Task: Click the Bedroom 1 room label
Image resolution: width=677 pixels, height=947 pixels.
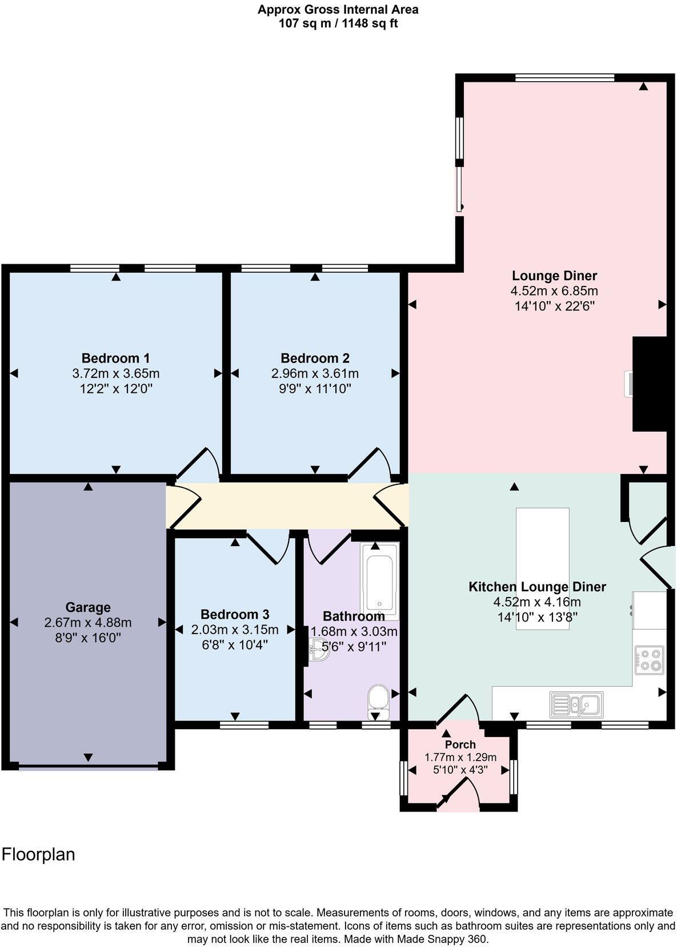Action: tap(115, 359)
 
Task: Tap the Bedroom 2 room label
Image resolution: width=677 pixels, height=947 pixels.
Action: tap(315, 359)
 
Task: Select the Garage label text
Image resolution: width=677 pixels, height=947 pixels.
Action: tap(87, 607)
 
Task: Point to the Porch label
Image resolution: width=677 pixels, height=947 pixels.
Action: tap(460, 745)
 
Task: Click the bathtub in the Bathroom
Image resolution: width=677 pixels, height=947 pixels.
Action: tap(379, 580)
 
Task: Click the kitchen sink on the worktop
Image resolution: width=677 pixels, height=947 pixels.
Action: tap(576, 704)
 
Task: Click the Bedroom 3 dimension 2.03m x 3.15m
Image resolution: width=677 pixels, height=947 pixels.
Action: tap(235, 630)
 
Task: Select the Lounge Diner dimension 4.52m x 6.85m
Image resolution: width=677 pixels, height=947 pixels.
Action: tap(554, 291)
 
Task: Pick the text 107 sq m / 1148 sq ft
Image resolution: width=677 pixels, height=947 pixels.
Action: tap(338, 23)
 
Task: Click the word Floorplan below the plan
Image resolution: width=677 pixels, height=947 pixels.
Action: tap(38, 854)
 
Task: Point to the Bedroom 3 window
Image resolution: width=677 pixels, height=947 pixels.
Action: tap(244, 725)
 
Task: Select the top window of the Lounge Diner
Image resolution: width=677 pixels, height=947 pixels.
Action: tap(564, 78)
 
